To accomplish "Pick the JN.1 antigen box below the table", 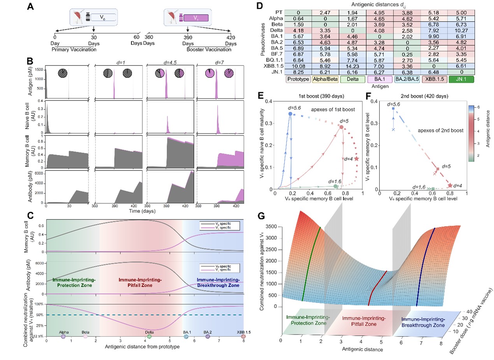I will tap(471, 80).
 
